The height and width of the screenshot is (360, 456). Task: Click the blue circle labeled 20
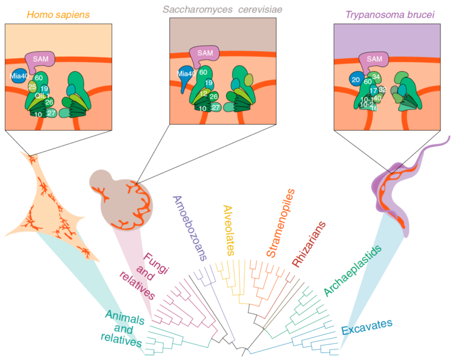(356, 79)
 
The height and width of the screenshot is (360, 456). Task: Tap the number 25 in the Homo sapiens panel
(32, 87)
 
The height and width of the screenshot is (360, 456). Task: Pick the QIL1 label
(41, 96)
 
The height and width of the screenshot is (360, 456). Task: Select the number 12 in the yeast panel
(203, 93)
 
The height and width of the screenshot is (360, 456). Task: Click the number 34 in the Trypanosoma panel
(376, 77)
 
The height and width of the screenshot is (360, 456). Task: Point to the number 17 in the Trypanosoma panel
(373, 90)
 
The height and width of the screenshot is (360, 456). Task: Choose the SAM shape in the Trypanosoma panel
(375, 59)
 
